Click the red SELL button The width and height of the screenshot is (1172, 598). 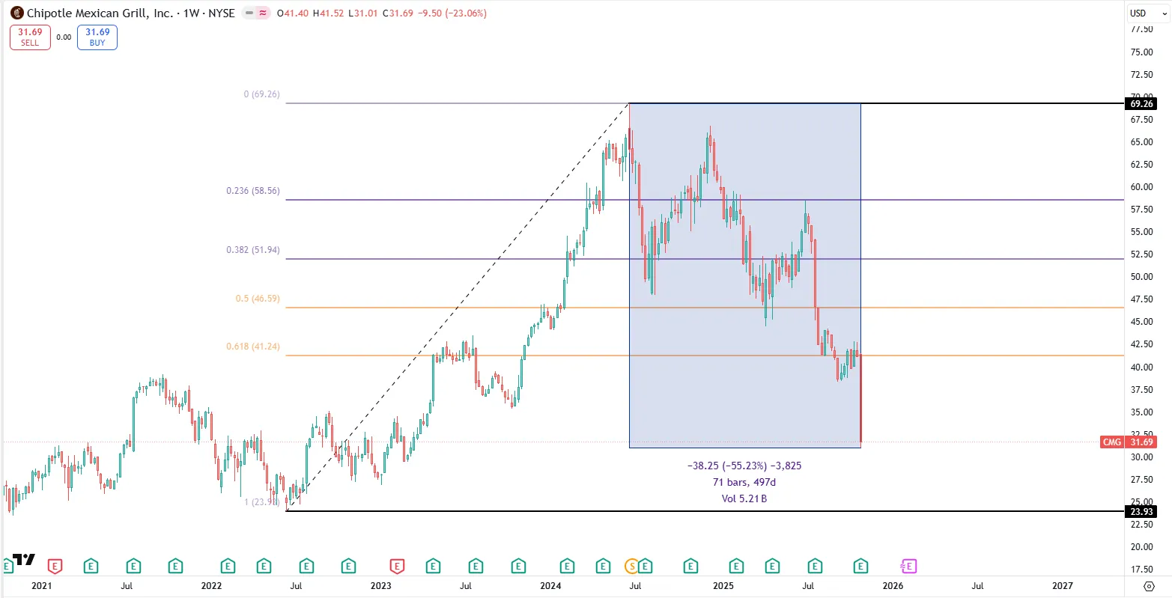tap(30, 37)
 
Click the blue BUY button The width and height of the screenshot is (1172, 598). tap(97, 37)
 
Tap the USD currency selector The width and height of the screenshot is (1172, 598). tap(1138, 13)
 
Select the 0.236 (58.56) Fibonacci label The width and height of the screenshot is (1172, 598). tap(253, 191)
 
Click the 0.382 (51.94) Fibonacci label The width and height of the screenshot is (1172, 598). tap(253, 250)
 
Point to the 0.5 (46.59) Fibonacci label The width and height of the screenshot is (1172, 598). tap(258, 299)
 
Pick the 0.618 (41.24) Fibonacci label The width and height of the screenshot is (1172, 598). tap(253, 347)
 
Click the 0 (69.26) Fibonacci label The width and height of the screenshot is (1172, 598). tap(261, 94)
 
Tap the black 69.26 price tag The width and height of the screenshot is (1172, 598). tap(1141, 104)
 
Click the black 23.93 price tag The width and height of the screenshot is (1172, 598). tap(1141, 512)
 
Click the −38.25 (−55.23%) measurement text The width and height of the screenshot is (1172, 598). tap(744, 466)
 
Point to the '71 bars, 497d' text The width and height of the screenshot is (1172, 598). tap(744, 482)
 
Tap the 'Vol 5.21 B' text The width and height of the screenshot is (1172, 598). tap(744, 498)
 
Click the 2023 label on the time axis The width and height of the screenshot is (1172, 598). tap(380, 586)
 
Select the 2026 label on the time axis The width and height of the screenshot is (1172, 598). tap(893, 586)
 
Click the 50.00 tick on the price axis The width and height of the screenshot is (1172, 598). tap(1141, 277)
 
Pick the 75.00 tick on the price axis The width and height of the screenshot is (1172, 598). tap(1141, 52)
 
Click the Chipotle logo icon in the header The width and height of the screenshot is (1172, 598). tap(16, 13)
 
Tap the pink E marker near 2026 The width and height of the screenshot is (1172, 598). tap(910, 566)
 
